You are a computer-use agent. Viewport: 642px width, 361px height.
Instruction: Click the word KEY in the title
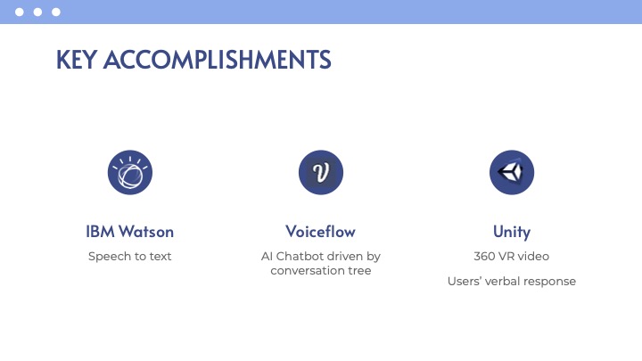pos(76,60)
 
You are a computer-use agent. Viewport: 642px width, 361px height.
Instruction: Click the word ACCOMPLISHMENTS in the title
pos(217,60)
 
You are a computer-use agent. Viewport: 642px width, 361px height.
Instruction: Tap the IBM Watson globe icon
pos(130,172)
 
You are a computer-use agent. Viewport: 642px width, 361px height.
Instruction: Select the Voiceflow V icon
pos(321,172)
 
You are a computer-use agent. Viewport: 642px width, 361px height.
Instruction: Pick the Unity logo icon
pos(512,172)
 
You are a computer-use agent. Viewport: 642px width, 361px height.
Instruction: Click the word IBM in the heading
pos(100,232)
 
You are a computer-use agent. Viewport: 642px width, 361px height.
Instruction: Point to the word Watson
pos(146,232)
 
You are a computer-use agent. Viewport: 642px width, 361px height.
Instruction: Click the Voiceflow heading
pos(321,232)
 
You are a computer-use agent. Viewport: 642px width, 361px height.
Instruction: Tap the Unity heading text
pos(512,232)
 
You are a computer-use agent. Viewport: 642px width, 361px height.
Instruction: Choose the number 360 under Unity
pos(484,256)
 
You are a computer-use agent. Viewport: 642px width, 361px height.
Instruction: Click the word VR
pos(506,256)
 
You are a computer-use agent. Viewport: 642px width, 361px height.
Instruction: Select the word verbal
pos(502,281)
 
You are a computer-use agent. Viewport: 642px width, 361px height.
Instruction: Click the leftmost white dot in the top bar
pos(20,12)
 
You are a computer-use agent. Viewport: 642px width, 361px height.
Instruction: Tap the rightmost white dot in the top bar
pos(56,12)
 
